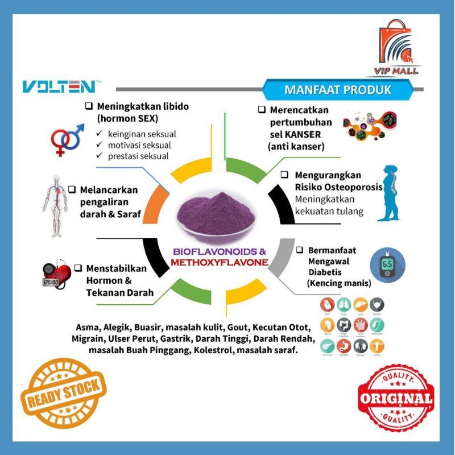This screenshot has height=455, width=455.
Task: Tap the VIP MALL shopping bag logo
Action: pyautogui.click(x=396, y=48)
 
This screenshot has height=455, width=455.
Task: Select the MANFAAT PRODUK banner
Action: pyautogui.click(x=337, y=90)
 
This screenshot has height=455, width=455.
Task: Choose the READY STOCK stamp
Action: pyautogui.click(x=64, y=392)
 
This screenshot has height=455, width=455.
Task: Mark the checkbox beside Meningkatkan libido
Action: pyautogui.click(x=89, y=106)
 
